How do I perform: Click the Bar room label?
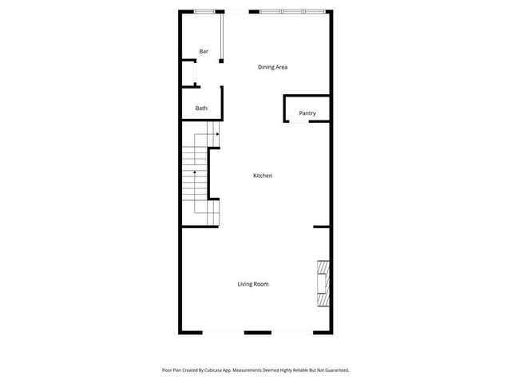(204, 52)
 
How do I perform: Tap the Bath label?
(201, 109)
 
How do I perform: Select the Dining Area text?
(272, 67)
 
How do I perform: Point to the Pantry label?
(307, 113)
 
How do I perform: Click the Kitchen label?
(263, 176)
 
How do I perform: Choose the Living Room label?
(252, 284)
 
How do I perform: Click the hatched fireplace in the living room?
(323, 283)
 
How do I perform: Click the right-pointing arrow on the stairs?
(216, 135)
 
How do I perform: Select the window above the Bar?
(205, 11)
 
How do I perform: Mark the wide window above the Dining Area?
(292, 11)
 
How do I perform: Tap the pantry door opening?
(299, 122)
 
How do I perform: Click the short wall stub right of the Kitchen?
(321, 227)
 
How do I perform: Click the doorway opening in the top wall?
(237, 11)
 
